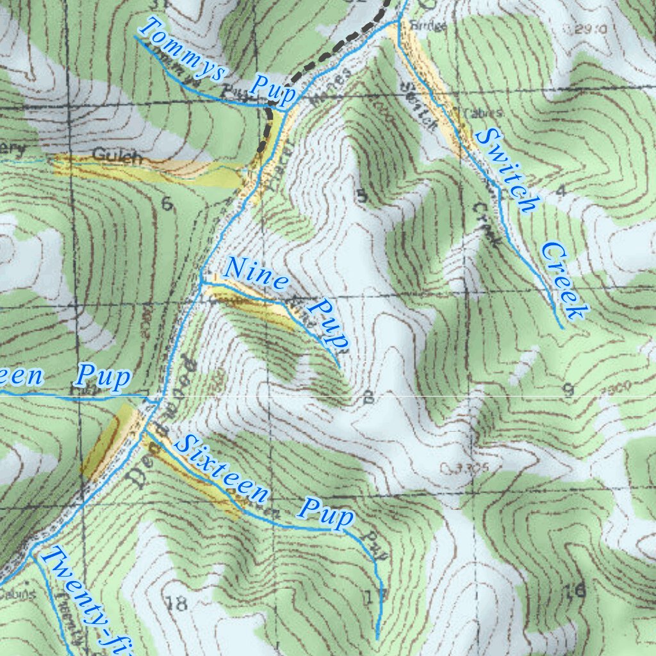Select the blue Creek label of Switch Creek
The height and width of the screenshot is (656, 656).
[x=564, y=281]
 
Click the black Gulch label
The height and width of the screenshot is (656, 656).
[x=116, y=156]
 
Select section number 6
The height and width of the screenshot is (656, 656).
[x=167, y=204]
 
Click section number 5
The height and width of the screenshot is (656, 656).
[x=362, y=196]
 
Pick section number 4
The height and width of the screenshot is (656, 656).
[x=561, y=190]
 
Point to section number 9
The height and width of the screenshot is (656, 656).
[x=568, y=391]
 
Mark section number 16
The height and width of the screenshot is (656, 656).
[x=575, y=591]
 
